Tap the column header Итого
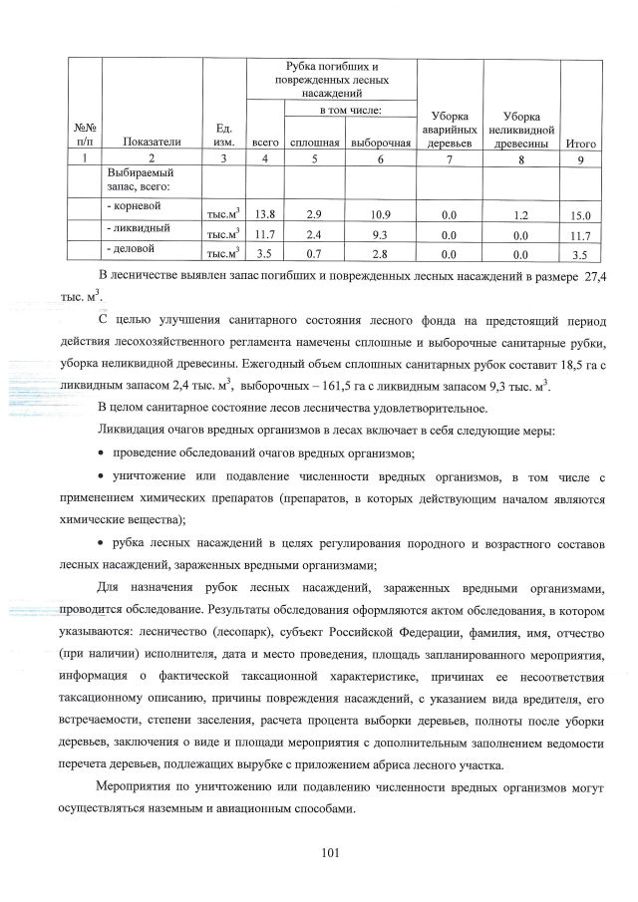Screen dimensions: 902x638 click(x=581, y=143)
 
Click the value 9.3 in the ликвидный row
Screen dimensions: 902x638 click(x=380, y=235)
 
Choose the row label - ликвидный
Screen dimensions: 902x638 click(x=135, y=228)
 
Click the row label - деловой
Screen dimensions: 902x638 click(x=131, y=247)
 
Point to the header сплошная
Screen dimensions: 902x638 click(x=315, y=143)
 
